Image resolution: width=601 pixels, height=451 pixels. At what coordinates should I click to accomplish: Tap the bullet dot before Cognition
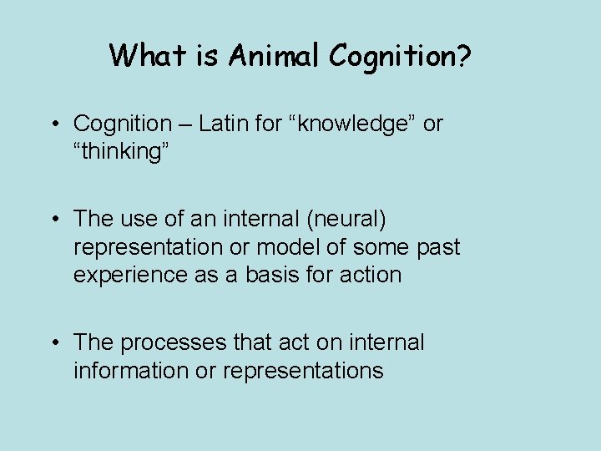click(x=54, y=124)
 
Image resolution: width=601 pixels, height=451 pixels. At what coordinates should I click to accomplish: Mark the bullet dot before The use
click(x=54, y=220)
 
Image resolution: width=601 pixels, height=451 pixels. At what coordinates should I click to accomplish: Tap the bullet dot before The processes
click(x=54, y=343)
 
